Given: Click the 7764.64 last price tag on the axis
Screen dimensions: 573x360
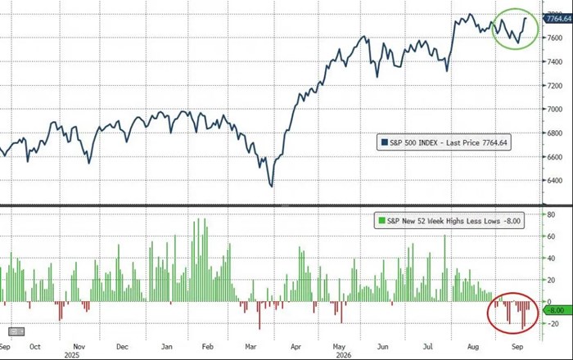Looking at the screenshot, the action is point(558,18).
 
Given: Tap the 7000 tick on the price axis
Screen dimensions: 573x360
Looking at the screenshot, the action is point(555,109).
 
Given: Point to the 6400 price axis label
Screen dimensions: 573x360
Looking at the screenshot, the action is point(555,180).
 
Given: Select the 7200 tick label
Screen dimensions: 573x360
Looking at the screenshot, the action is point(555,85).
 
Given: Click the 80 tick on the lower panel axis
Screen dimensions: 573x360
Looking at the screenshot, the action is point(551,214).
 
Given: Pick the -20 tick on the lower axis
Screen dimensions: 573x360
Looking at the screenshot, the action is point(553,324).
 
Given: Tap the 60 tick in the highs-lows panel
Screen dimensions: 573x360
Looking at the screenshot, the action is point(551,236).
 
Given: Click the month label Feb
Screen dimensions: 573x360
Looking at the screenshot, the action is point(208,346).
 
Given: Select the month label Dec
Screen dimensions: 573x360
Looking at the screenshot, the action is point(123,346).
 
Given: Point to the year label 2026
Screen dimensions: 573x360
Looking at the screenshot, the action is point(344,355).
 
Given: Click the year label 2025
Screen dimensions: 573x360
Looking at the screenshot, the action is point(72,355).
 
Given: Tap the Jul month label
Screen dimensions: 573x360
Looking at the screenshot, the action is point(427,346).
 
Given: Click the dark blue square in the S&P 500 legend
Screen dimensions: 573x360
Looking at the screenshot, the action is point(385,142).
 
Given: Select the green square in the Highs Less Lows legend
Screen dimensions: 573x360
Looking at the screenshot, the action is point(382,221).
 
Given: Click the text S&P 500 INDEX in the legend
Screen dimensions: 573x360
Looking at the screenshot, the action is point(413,142).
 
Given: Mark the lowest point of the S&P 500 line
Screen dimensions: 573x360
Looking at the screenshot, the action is point(272,187).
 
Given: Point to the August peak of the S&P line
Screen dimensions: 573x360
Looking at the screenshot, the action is point(471,14).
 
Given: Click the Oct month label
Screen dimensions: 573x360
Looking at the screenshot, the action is point(35,346).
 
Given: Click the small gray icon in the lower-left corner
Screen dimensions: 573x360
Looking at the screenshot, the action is point(16,331).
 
